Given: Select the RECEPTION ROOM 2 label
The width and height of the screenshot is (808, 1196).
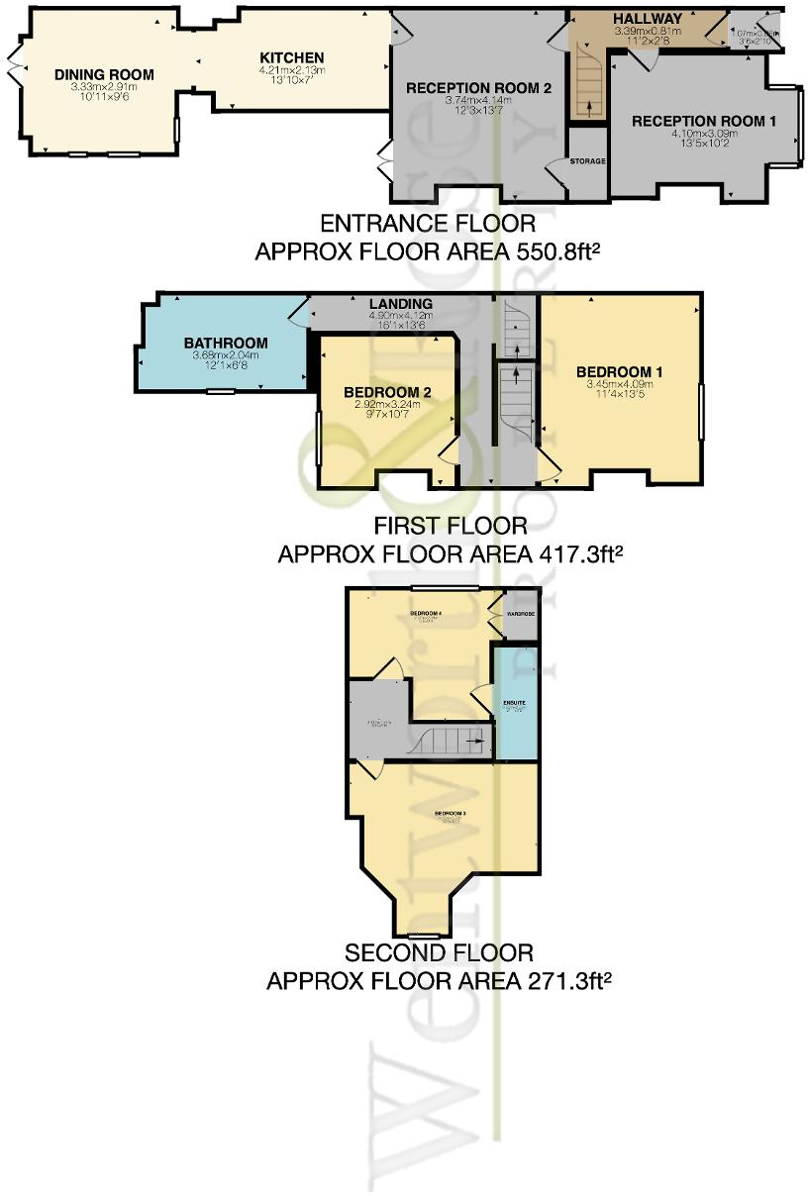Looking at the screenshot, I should pos(477,88).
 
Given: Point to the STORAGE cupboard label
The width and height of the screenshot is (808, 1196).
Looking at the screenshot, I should pos(587,160).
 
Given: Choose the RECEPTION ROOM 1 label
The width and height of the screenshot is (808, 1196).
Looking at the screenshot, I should pos(703,121).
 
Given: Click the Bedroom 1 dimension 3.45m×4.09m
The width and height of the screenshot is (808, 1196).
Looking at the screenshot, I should pos(619,384).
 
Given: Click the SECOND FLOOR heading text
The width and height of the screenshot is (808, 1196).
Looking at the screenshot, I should pos(439,953).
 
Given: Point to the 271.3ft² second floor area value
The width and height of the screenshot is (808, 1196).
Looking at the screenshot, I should pos(555,981).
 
